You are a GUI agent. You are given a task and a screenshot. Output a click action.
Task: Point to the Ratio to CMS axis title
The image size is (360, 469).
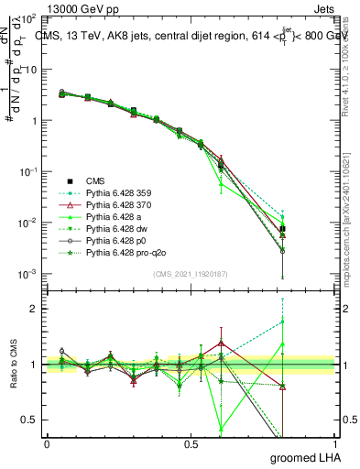coord(12,365)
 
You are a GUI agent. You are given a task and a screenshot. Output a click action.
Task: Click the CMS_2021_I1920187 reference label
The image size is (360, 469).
coord(190,273)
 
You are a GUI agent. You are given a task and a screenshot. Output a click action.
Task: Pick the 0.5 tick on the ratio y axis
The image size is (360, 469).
coord(32,420)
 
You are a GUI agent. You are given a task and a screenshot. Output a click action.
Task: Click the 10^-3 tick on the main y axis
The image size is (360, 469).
coord(27,275)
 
